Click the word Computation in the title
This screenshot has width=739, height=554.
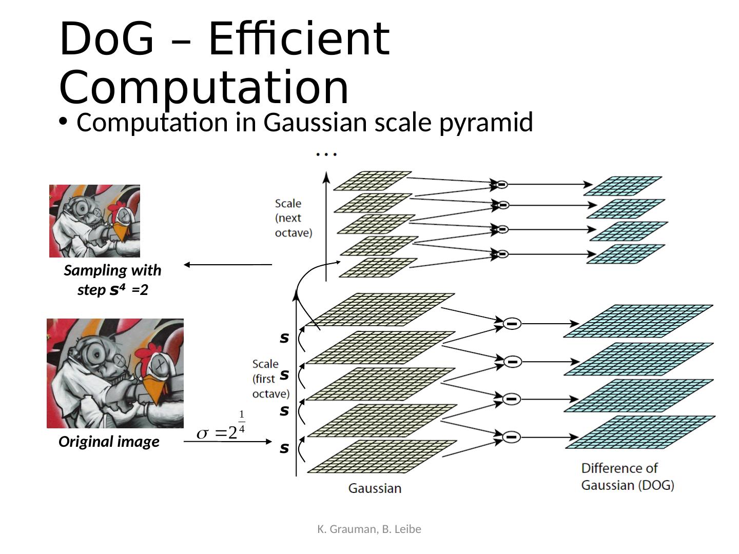tap(204, 87)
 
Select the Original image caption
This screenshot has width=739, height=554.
tap(109, 442)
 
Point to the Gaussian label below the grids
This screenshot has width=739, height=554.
tap(375, 488)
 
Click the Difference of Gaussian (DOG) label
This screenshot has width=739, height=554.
tap(627, 477)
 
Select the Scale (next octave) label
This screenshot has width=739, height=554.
tap(293, 218)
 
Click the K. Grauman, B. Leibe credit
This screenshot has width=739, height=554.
tap(369, 529)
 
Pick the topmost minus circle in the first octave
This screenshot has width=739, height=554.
tap(512, 324)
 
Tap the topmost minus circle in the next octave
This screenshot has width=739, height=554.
tap(501, 184)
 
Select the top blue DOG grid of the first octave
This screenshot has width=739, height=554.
tap(638, 321)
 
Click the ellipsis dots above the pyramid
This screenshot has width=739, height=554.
tap(326, 153)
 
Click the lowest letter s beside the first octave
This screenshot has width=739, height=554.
tap(284, 448)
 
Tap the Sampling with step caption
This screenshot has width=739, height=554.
tap(112, 280)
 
